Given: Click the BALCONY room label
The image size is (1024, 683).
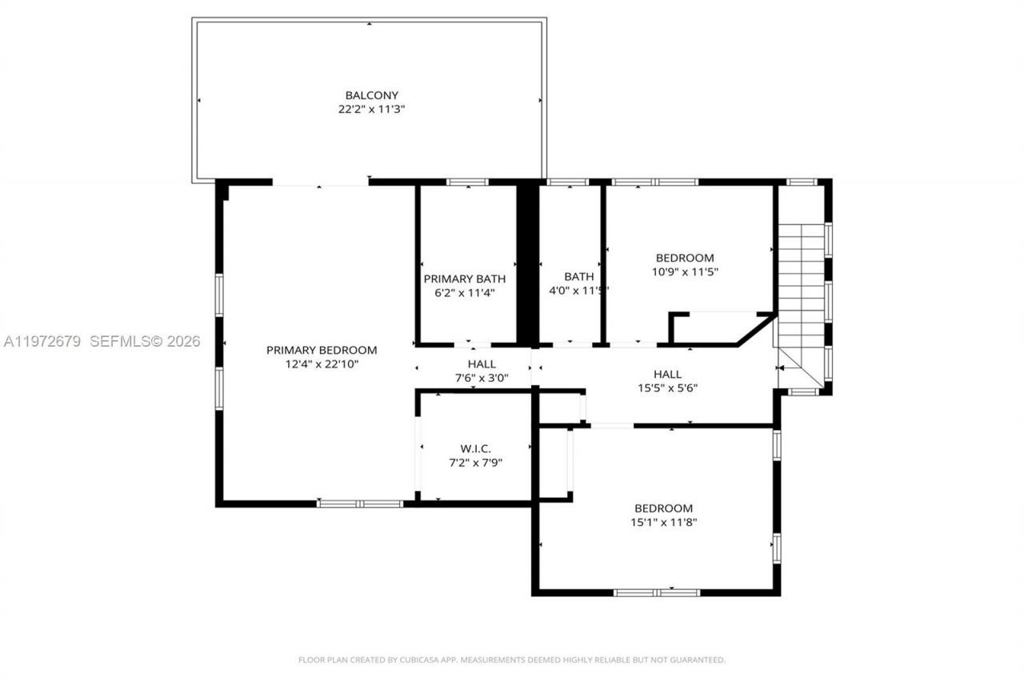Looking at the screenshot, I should click(x=371, y=95).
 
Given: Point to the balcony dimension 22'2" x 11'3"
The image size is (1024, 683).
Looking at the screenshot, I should click(x=371, y=110).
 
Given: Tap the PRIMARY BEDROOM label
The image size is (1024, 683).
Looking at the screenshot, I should click(x=321, y=350).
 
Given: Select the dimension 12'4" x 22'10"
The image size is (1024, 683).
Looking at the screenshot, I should click(x=321, y=364).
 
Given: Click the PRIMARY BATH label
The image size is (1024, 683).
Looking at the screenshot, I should click(x=464, y=279).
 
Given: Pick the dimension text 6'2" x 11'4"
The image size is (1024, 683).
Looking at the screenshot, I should click(x=464, y=293).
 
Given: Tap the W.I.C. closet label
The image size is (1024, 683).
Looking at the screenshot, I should click(x=475, y=448).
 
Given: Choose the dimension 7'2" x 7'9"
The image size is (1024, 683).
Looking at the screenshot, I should click(x=475, y=462).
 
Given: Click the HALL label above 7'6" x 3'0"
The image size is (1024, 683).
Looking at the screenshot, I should click(x=481, y=364).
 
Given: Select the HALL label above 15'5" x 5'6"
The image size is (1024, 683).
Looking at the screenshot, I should click(x=667, y=374).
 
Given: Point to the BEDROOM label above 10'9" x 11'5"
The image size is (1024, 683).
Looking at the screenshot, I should click(x=684, y=258).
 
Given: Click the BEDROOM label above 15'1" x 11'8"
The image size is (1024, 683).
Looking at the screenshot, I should click(x=663, y=508).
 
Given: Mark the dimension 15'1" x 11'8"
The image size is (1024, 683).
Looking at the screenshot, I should click(x=663, y=522).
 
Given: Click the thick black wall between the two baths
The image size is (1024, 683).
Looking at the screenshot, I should click(x=526, y=264).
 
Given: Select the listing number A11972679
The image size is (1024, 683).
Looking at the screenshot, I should click(x=42, y=342).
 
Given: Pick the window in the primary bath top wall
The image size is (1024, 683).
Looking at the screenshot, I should click(x=467, y=183).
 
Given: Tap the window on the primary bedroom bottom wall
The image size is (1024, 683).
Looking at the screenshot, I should click(x=360, y=504).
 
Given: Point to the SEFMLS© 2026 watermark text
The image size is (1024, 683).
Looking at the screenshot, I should click(x=145, y=342).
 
